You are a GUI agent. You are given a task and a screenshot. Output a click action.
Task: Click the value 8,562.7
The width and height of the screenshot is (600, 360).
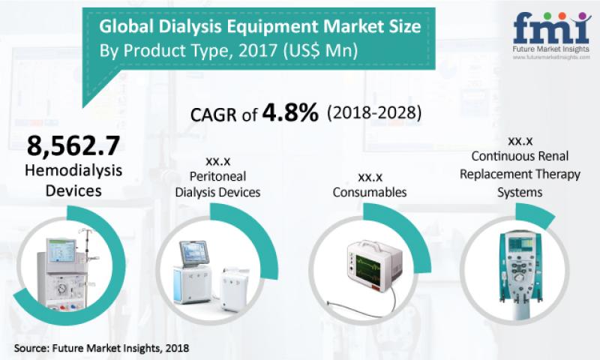[x=73, y=145]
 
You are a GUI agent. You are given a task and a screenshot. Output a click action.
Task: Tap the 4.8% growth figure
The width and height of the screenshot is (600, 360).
[x=290, y=112]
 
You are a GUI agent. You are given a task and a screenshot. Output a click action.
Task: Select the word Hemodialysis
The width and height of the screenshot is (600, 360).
[x=73, y=171]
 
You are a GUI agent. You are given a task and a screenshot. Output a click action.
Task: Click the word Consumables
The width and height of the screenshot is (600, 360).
[x=370, y=192]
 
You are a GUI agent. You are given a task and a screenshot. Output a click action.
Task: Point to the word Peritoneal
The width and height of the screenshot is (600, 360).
[x=217, y=176]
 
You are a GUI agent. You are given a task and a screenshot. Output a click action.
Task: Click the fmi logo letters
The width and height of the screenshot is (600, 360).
[x=552, y=28]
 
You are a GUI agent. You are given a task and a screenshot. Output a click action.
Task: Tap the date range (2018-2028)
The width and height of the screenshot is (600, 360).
[x=374, y=113]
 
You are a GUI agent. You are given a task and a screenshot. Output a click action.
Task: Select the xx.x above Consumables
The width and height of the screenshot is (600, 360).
[x=370, y=177]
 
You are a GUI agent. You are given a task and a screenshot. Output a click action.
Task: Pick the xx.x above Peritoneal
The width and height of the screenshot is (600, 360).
[x=217, y=161]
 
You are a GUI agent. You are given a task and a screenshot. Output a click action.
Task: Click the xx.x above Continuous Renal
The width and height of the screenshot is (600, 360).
[x=520, y=141]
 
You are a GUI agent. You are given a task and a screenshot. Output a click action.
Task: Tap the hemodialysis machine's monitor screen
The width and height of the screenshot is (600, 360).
[x=61, y=251]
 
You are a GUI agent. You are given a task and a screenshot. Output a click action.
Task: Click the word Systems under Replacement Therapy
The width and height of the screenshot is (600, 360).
[x=520, y=192]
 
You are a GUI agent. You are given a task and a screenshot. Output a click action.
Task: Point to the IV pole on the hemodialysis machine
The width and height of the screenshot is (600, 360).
[x=86, y=264]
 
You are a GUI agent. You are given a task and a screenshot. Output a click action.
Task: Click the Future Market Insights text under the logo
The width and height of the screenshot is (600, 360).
[x=551, y=49]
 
